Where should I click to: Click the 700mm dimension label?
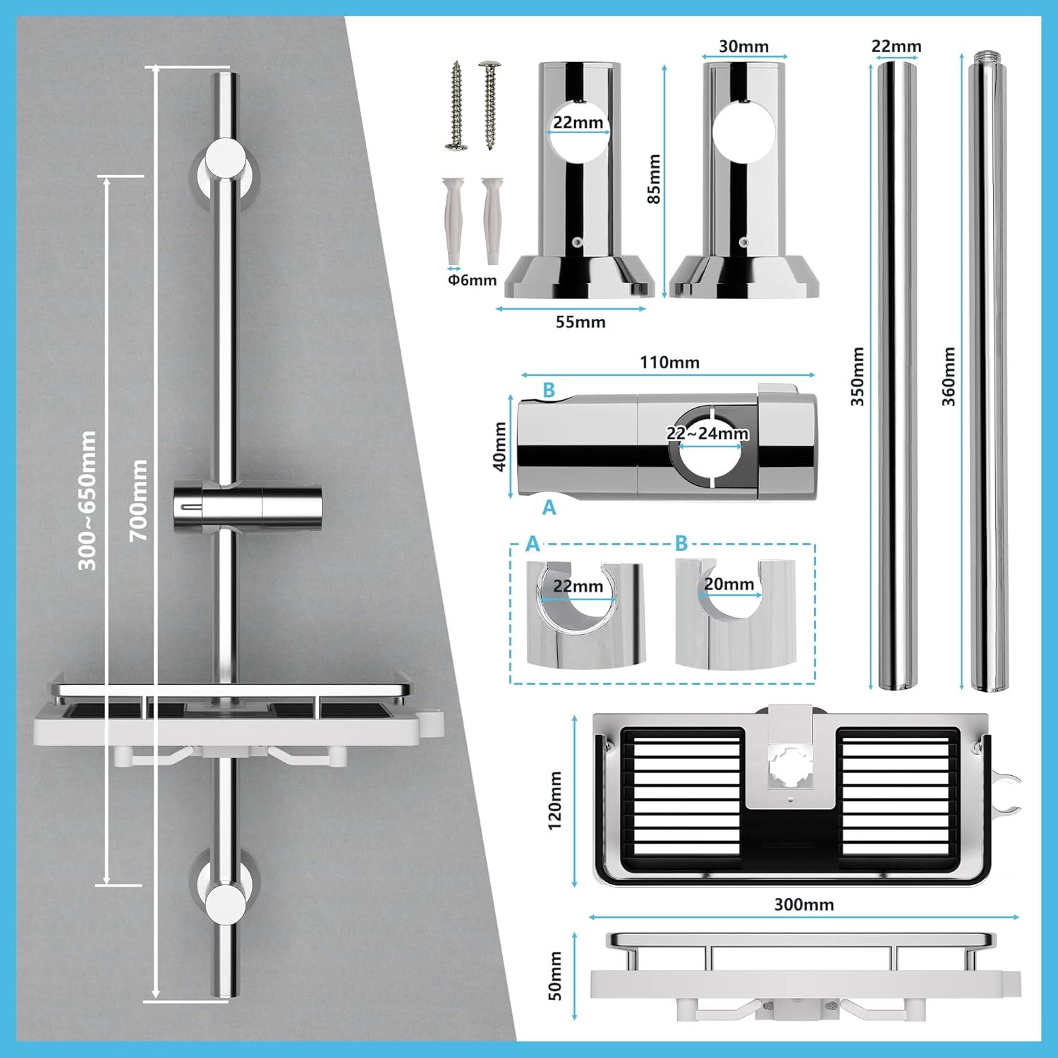pos(139,499)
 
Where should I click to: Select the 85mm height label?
pos(655,179)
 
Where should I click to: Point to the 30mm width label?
pos(743,47)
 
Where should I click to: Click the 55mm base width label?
pos(580,322)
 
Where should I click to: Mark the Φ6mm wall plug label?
pos(472,280)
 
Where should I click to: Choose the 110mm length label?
pos(669,363)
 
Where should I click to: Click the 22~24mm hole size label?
pos(707,433)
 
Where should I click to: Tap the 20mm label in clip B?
pos(729,584)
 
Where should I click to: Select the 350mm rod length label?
pos(857,376)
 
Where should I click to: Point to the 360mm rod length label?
pos(949,376)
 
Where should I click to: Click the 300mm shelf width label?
pos(803,904)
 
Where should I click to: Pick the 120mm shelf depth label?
pos(555,800)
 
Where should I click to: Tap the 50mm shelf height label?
pos(555,975)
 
